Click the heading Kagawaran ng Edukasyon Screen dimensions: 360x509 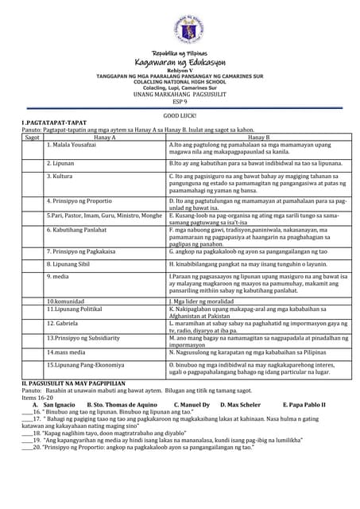(180, 60)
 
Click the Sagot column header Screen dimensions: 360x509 (33, 138)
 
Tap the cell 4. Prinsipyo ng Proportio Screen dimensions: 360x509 (83, 200)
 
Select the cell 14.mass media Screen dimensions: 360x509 (68, 351)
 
